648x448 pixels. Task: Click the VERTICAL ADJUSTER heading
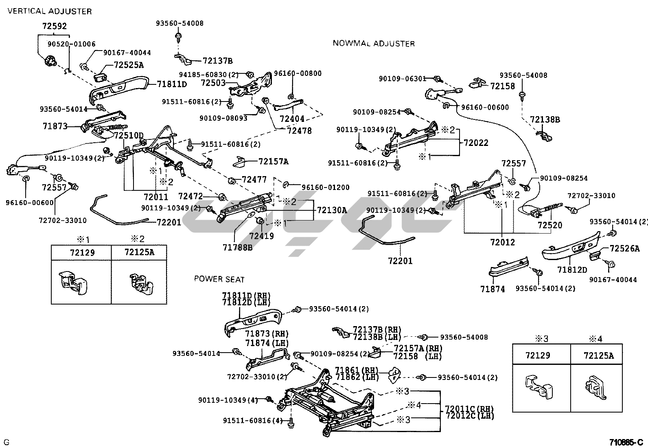tap(50, 11)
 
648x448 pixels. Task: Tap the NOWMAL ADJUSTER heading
tap(374, 43)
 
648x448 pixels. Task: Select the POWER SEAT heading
tap(219, 279)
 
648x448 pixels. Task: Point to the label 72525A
tap(129, 65)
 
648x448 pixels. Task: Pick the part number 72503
tap(213, 83)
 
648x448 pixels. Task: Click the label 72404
tap(292, 119)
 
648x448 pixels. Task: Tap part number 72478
tap(299, 131)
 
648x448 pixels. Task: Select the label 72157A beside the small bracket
tap(273, 161)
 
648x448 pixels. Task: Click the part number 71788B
tap(237, 247)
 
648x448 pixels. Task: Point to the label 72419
tap(261, 236)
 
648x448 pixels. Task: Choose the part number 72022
tap(476, 143)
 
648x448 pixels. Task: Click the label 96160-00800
tap(298, 73)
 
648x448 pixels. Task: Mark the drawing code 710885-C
tap(626, 442)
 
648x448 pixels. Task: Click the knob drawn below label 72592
tap(50, 61)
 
